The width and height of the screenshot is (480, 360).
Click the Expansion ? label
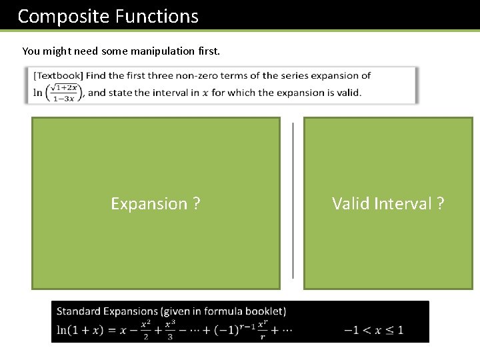click(x=155, y=203)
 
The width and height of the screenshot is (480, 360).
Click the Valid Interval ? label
click(x=388, y=203)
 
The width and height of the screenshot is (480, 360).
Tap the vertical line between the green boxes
click(x=293, y=200)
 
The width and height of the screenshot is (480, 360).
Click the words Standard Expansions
click(x=107, y=311)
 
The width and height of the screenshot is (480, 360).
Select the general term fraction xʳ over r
click(x=262, y=330)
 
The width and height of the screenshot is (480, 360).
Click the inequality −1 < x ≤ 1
click(x=373, y=330)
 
